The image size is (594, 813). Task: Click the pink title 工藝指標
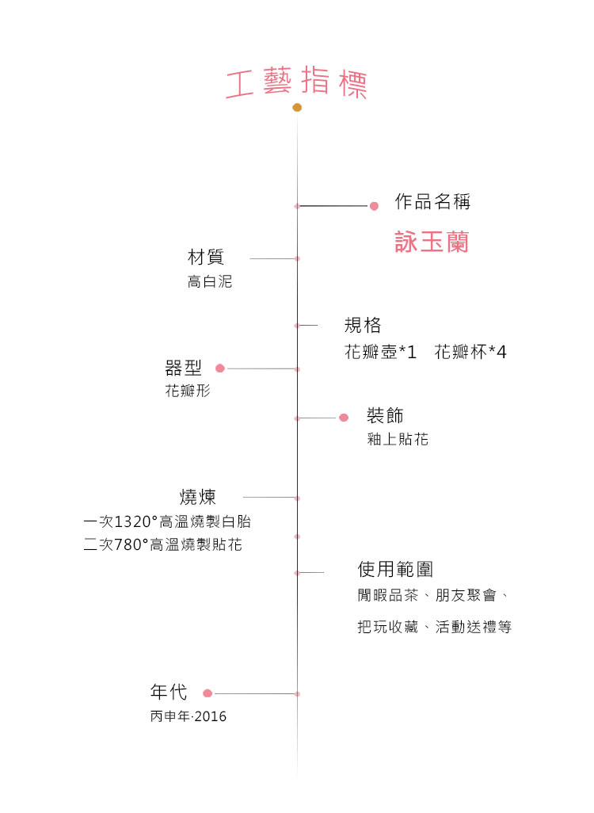[296, 82]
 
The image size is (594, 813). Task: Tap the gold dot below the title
[297, 107]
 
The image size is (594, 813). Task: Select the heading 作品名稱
[432, 201]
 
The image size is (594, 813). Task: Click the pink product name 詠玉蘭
[432, 242]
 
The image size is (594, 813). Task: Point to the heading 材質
[206, 257]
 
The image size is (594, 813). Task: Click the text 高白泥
[210, 281]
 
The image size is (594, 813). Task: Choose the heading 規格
[363, 325]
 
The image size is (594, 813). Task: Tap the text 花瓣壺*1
[380, 352]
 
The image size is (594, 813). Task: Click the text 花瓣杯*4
[470, 352]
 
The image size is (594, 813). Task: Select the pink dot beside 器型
[219, 368]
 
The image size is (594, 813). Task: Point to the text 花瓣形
[188, 391]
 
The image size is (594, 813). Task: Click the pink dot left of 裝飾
[344, 418]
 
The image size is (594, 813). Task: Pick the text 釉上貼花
[398, 439]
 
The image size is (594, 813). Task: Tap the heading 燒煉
[197, 497]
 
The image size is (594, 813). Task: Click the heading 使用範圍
[395, 569]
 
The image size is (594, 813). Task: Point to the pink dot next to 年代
[208, 693]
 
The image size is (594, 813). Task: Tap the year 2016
[211, 716]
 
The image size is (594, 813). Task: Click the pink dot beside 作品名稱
[374, 206]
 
